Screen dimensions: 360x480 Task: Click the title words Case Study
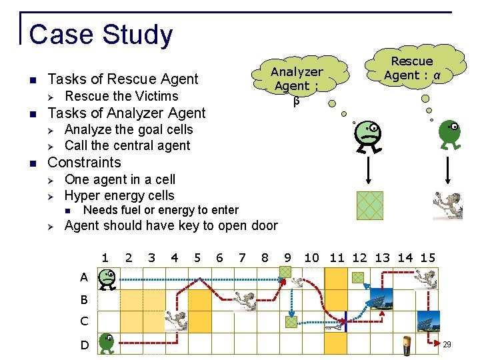(x=101, y=35)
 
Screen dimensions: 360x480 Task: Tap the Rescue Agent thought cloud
(x=412, y=69)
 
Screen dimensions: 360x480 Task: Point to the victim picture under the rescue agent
(x=448, y=206)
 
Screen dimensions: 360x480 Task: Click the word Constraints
(x=85, y=163)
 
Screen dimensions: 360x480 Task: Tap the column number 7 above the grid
(x=242, y=258)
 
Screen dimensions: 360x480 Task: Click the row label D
(x=85, y=345)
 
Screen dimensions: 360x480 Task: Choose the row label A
(x=84, y=277)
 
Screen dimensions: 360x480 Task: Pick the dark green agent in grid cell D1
(x=106, y=343)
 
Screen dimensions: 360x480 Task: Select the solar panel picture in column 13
(x=381, y=299)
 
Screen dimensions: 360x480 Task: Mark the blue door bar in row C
(x=347, y=321)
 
